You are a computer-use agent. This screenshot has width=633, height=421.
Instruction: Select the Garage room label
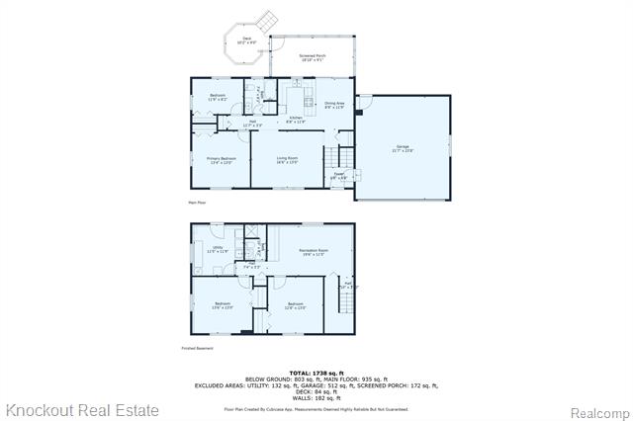click(x=402, y=149)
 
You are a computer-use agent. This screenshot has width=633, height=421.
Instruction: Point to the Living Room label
click(x=288, y=160)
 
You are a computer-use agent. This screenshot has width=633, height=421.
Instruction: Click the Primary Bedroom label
click(x=221, y=160)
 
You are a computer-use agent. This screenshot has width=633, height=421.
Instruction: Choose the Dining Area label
click(x=334, y=104)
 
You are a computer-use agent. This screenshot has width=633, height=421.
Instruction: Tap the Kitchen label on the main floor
click(x=295, y=120)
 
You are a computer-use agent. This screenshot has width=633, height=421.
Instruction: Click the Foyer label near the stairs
click(x=338, y=176)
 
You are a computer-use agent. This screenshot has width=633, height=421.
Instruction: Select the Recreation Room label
click(x=314, y=252)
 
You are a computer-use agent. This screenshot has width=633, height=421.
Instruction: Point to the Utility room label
click(x=217, y=250)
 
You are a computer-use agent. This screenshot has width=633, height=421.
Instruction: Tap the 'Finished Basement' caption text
click(x=197, y=348)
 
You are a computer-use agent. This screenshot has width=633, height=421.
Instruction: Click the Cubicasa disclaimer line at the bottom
click(x=316, y=408)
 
